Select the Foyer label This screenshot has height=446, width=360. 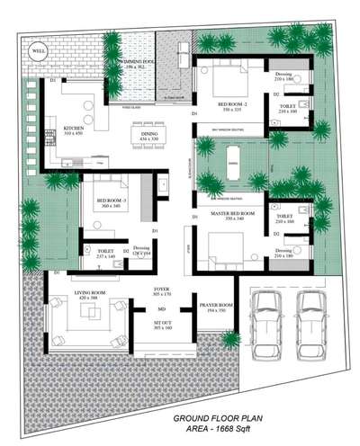click(x=161, y=291)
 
